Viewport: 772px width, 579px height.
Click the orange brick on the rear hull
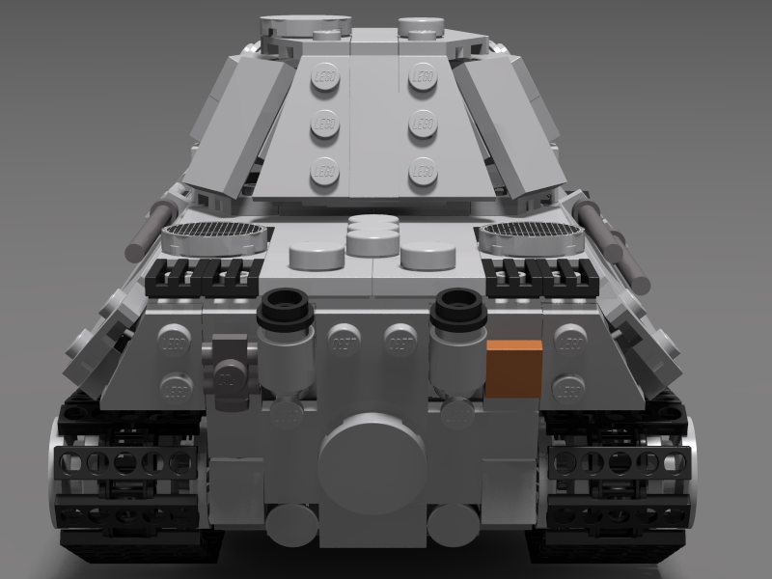[x=512, y=368]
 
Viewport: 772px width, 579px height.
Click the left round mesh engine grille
[x=213, y=232]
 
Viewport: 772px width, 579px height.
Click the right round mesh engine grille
[x=532, y=232]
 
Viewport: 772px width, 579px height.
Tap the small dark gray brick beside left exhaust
[x=230, y=361]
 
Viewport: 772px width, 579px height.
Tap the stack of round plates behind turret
[x=372, y=234]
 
